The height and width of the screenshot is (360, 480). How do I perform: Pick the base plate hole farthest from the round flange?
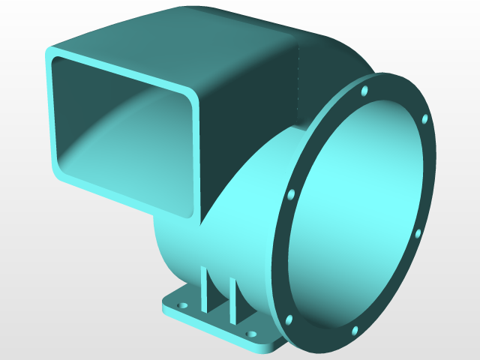(x=181, y=306)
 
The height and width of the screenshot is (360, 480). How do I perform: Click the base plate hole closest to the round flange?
(x=250, y=334)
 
